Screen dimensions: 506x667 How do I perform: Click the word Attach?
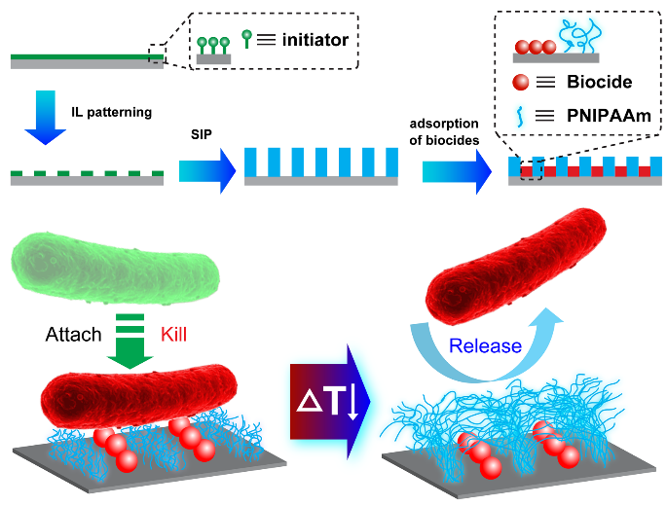(73, 334)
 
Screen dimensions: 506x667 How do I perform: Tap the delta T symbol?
(329, 399)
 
